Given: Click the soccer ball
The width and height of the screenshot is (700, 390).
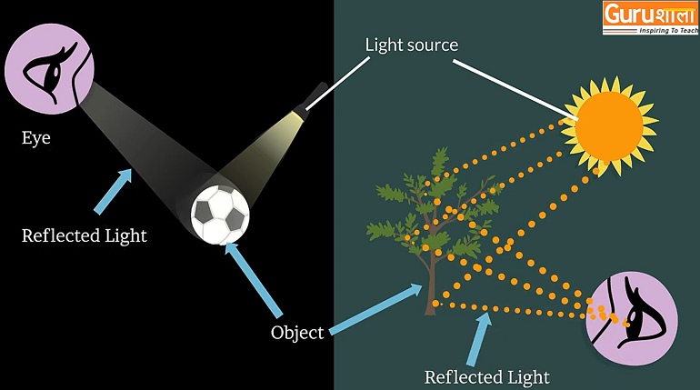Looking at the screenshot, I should click(x=220, y=215).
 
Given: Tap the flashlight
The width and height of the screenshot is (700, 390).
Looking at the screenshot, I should click(x=308, y=101).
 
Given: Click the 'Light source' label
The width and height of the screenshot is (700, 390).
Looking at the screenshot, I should click(x=411, y=44).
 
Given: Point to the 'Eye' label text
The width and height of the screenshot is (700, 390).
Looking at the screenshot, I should click(x=36, y=139).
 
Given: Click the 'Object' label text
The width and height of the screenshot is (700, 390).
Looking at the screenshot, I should click(x=297, y=332).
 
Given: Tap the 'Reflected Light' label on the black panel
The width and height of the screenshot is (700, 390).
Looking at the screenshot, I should click(x=85, y=236).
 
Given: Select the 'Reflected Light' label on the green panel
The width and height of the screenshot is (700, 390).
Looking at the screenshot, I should click(x=487, y=375).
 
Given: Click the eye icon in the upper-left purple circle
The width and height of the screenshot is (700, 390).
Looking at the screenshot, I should click(x=45, y=69).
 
